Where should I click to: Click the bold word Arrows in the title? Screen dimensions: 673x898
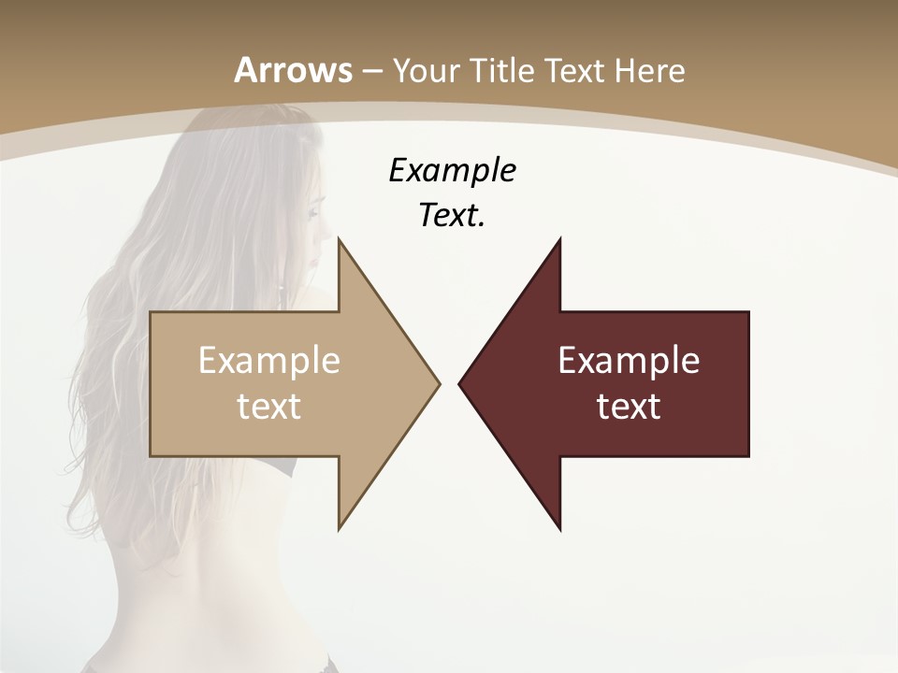click(293, 70)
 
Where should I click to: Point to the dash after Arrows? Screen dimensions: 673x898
click(371, 71)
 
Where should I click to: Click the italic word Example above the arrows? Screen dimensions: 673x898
click(452, 171)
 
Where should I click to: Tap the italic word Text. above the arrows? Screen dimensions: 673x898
click(452, 216)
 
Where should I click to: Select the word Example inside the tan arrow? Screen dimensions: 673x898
click(269, 361)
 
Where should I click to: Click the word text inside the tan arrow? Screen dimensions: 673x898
click(269, 406)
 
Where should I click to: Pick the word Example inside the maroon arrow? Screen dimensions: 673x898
click(629, 361)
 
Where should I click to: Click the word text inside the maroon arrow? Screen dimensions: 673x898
click(629, 406)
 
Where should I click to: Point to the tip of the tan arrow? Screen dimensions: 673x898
click(437, 383)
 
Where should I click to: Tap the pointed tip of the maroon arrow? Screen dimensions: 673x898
click(461, 383)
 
